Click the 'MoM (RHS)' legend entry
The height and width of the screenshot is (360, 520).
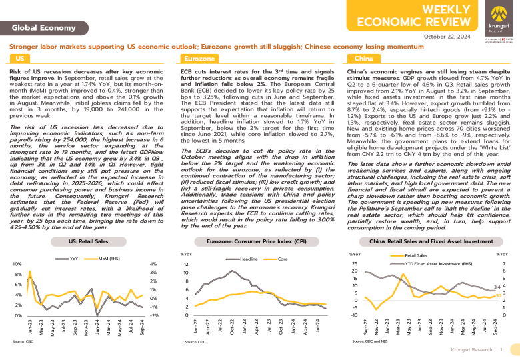click(107, 257)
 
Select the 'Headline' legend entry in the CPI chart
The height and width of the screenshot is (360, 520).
click(249, 257)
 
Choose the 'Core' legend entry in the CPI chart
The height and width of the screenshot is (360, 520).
click(283, 257)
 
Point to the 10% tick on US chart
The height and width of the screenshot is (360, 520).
click(17, 265)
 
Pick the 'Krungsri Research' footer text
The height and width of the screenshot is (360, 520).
click(472, 349)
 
